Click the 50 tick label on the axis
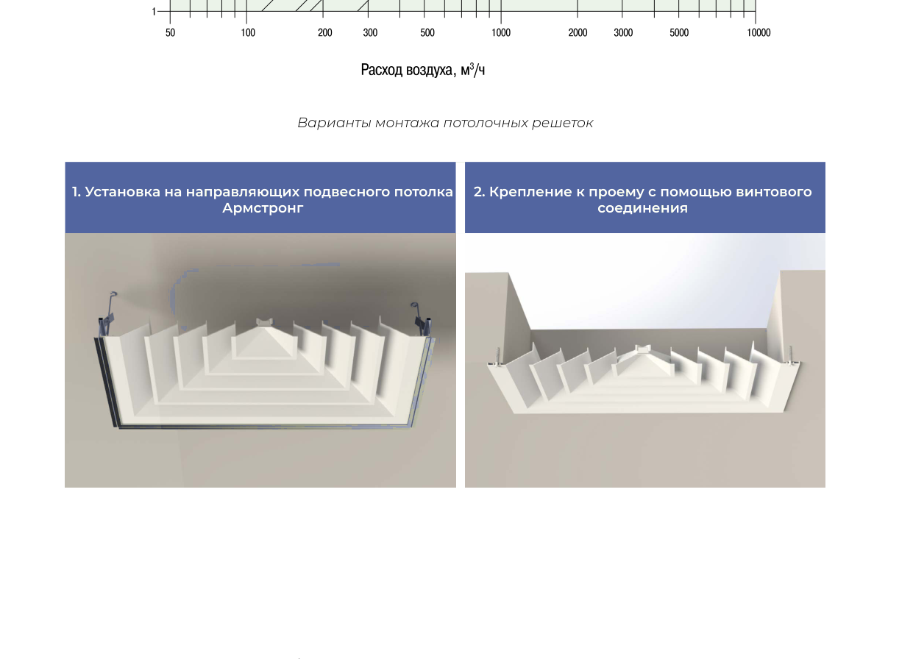171,32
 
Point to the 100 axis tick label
248,32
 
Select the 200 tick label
325,32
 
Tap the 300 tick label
370,32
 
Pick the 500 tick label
427,32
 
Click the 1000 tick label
501,32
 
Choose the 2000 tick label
578,32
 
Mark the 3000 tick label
623,32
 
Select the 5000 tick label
679,32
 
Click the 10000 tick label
759,32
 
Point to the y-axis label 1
154,12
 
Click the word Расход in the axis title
382,70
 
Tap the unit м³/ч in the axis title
472,70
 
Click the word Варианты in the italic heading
334,123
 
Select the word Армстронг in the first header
263,208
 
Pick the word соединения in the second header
643,208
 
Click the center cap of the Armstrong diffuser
265,322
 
